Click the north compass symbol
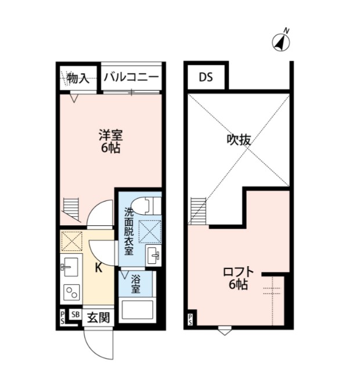(281, 42)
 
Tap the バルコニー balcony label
(131, 77)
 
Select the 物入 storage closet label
(78, 78)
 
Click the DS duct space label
(206, 77)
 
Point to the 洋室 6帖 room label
(110, 141)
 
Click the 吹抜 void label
(239, 140)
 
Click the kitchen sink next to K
(70, 267)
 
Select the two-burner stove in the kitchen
(71, 292)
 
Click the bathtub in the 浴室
(137, 310)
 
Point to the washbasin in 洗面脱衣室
(154, 256)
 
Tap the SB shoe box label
(75, 314)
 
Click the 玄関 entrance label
(98, 318)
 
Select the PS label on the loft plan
(190, 320)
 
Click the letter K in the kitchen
(99, 268)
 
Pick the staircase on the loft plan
(198, 211)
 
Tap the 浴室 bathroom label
(135, 284)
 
